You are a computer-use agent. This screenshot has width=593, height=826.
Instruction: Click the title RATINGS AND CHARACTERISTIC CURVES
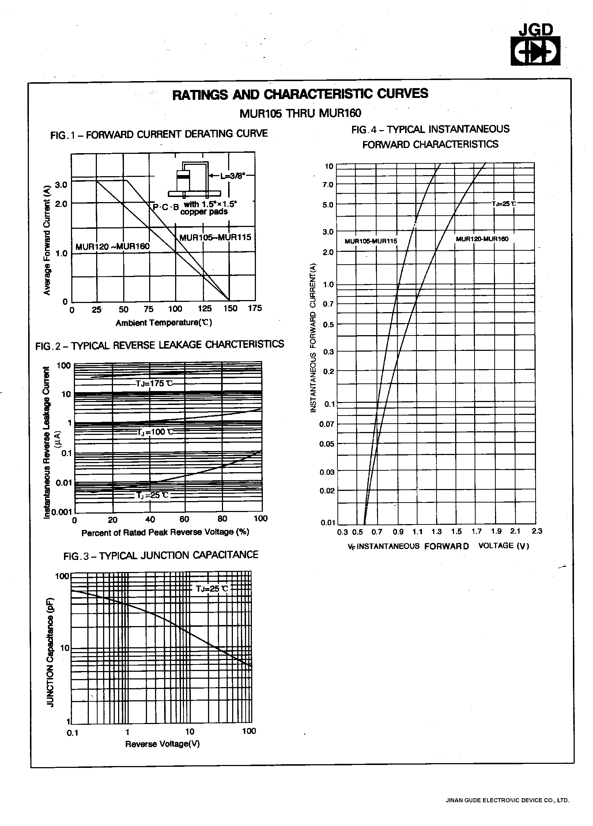point(300,94)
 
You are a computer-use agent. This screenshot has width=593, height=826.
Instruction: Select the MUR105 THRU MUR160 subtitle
point(300,113)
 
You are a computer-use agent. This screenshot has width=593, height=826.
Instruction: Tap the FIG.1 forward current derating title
point(159,134)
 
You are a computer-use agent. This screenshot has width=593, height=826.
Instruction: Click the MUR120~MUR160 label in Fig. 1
point(113,246)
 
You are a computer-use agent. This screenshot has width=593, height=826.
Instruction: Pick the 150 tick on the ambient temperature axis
point(230,309)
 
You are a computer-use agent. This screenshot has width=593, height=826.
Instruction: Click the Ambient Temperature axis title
point(164,323)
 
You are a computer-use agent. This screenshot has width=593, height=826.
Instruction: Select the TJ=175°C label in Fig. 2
point(154,384)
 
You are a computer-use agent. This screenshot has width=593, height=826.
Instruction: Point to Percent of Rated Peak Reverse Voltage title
point(165,533)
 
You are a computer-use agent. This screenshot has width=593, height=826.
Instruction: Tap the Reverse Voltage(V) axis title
point(162,744)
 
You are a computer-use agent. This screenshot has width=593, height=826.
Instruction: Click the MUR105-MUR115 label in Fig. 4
point(371,241)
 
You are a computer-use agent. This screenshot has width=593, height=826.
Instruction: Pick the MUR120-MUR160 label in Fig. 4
point(482,239)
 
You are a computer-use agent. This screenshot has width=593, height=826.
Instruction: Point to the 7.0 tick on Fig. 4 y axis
point(328,185)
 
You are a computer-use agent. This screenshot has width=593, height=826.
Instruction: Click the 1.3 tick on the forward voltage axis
point(436,532)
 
